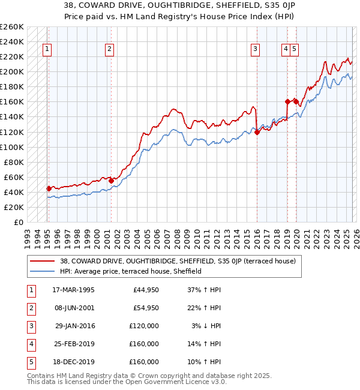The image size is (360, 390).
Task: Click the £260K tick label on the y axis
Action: point(12,27)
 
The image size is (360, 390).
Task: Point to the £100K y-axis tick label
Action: point(12,147)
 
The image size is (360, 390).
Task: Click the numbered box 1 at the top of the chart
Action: point(47,50)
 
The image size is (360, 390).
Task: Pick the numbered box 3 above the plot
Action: point(256,50)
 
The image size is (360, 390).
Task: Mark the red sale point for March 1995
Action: point(49,188)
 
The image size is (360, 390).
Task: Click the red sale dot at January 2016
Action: point(257,132)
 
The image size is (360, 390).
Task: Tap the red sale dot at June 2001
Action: point(112,180)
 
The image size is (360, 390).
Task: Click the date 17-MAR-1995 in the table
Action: point(73,290)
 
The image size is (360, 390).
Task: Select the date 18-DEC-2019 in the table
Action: point(73,362)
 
